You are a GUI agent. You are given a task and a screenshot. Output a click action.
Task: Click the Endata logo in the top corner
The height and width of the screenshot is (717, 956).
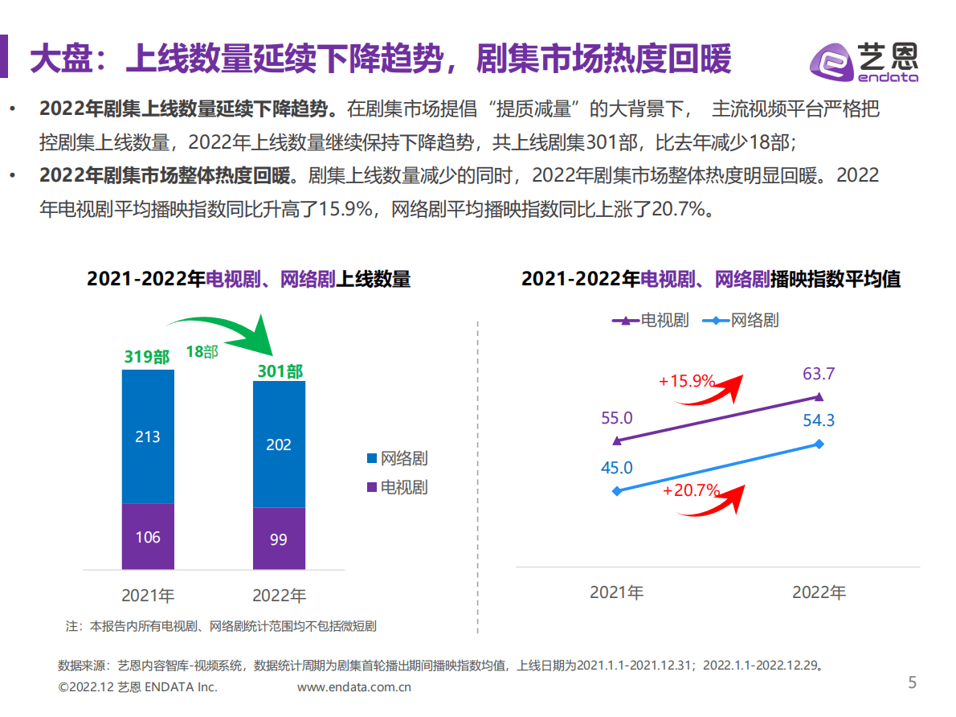click(863, 62)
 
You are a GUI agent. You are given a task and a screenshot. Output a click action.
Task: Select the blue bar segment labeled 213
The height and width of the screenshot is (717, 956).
click(148, 436)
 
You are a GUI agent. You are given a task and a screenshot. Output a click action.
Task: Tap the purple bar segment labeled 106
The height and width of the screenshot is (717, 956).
click(148, 536)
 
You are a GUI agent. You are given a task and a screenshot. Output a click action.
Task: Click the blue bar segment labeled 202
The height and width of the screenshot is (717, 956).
click(279, 444)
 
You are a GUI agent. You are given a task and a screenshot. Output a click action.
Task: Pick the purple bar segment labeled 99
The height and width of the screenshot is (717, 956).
click(279, 539)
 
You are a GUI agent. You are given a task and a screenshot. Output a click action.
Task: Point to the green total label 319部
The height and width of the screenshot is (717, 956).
click(147, 357)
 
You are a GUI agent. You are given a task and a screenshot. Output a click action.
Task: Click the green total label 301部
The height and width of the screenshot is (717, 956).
click(280, 371)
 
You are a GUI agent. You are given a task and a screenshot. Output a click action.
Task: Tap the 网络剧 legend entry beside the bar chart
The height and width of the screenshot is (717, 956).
click(397, 459)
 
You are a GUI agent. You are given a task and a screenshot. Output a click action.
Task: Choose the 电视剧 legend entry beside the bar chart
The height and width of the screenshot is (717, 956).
click(397, 487)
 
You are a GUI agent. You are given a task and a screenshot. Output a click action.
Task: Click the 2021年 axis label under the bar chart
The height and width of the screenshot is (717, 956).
click(148, 596)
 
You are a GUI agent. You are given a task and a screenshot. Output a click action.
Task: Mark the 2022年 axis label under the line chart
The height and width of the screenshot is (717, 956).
click(819, 592)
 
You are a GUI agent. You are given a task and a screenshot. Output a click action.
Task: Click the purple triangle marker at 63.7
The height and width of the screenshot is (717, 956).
click(819, 396)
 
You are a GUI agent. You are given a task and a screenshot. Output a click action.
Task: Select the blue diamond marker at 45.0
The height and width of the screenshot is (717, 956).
click(616, 490)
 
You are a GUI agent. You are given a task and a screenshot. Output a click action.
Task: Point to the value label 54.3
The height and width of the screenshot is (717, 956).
click(819, 420)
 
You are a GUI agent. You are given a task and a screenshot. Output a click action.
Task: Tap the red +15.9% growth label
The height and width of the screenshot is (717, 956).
click(687, 381)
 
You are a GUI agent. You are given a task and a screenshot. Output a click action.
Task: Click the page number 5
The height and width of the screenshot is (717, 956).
click(912, 683)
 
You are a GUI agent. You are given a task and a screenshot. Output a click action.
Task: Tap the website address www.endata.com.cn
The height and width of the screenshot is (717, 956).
click(354, 687)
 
